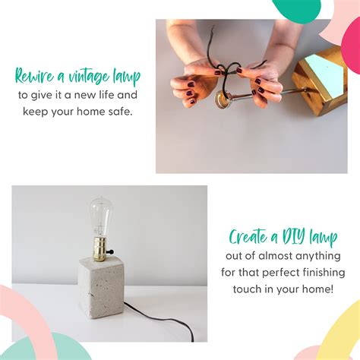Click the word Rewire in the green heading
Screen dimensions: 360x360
pos(35,76)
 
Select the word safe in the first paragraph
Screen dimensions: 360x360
pos(121,112)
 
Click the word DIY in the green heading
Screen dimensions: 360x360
pos(293,237)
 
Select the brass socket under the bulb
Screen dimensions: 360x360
pos(100,249)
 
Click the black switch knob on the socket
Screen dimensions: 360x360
pos(111,251)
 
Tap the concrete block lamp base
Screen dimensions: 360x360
pos(100,287)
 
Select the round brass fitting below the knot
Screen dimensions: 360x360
pos(223,99)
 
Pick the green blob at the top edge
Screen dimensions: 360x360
pos(296,10)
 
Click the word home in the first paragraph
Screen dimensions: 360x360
pos(91,112)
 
